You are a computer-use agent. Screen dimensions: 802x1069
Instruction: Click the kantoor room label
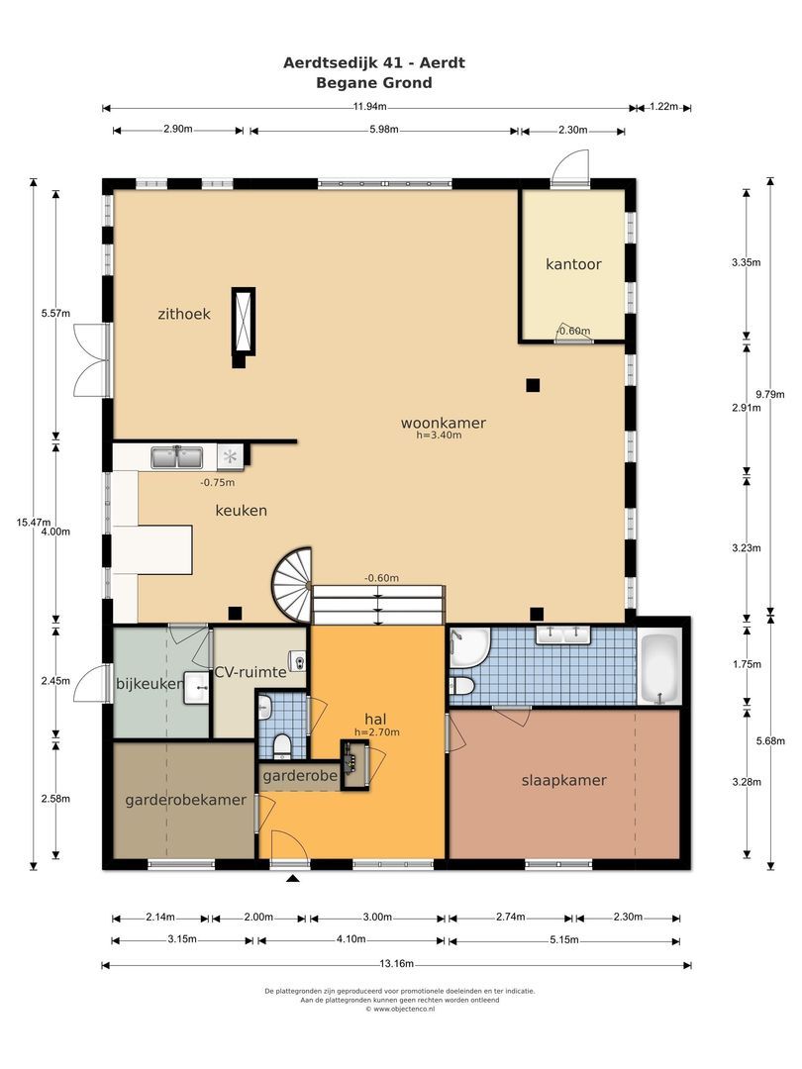click(x=573, y=264)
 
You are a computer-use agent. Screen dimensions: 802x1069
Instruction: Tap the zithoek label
click(x=184, y=315)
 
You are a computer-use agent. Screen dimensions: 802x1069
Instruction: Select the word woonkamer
click(x=444, y=423)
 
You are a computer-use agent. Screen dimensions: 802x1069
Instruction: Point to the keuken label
click(x=241, y=510)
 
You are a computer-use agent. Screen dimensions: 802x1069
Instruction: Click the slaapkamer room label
click(x=564, y=781)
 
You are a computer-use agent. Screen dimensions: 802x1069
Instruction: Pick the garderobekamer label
click(x=185, y=800)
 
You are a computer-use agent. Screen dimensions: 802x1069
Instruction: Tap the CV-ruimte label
click(x=251, y=672)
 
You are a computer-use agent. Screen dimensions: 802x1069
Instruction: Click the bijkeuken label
click(x=150, y=683)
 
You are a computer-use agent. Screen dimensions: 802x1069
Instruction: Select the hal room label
click(x=376, y=719)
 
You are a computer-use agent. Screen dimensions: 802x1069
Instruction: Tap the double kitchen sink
click(x=176, y=456)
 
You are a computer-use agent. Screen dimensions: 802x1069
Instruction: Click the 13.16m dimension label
click(x=397, y=964)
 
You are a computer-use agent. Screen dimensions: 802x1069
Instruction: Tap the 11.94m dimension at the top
click(x=369, y=106)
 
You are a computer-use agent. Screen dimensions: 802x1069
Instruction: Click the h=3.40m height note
click(x=439, y=435)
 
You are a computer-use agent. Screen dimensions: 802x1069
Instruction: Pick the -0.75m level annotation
click(x=218, y=483)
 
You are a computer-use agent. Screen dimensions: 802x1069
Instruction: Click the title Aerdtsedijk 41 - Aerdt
click(x=374, y=62)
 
